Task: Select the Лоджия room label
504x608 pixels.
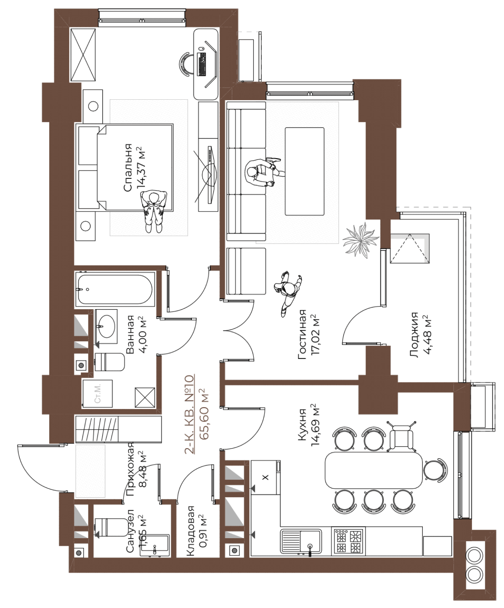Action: pyautogui.click(x=414, y=335)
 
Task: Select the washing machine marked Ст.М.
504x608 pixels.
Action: pyautogui.click(x=97, y=393)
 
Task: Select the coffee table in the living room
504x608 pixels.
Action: pyautogui.click(x=304, y=172)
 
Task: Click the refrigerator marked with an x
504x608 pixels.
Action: pyautogui.click(x=265, y=477)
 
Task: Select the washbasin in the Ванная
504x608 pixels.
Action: pyautogui.click(x=106, y=327)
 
